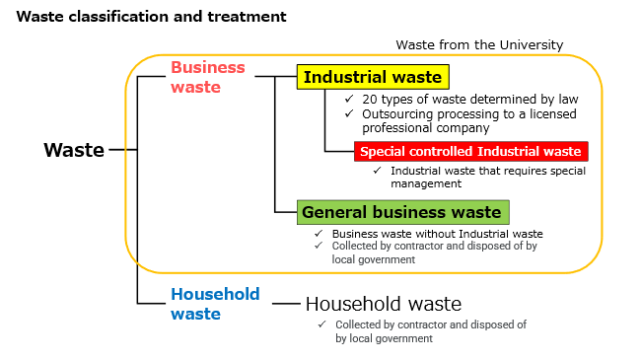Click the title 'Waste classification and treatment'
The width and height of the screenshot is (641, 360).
(152, 17)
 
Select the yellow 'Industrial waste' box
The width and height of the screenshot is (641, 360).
(373, 77)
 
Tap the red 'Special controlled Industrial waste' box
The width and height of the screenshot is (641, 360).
(470, 151)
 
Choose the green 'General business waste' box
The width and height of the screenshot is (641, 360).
(401, 211)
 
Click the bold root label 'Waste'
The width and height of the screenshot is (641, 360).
(73, 150)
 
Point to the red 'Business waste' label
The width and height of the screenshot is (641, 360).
(207, 77)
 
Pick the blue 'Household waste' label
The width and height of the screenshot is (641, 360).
(215, 304)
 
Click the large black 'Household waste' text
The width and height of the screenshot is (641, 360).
(383, 304)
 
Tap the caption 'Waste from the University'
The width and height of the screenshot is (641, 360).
(479, 44)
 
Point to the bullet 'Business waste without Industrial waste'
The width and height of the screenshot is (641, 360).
(437, 234)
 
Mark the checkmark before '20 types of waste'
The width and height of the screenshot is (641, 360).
(348, 99)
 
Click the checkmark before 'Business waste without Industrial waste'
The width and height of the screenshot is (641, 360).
(319, 234)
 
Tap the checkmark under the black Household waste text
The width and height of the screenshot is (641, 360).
(321, 324)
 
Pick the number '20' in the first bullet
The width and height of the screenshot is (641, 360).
(369, 99)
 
